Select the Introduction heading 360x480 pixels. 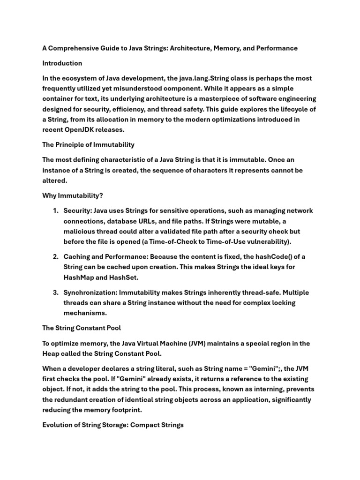click(x=62, y=63)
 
